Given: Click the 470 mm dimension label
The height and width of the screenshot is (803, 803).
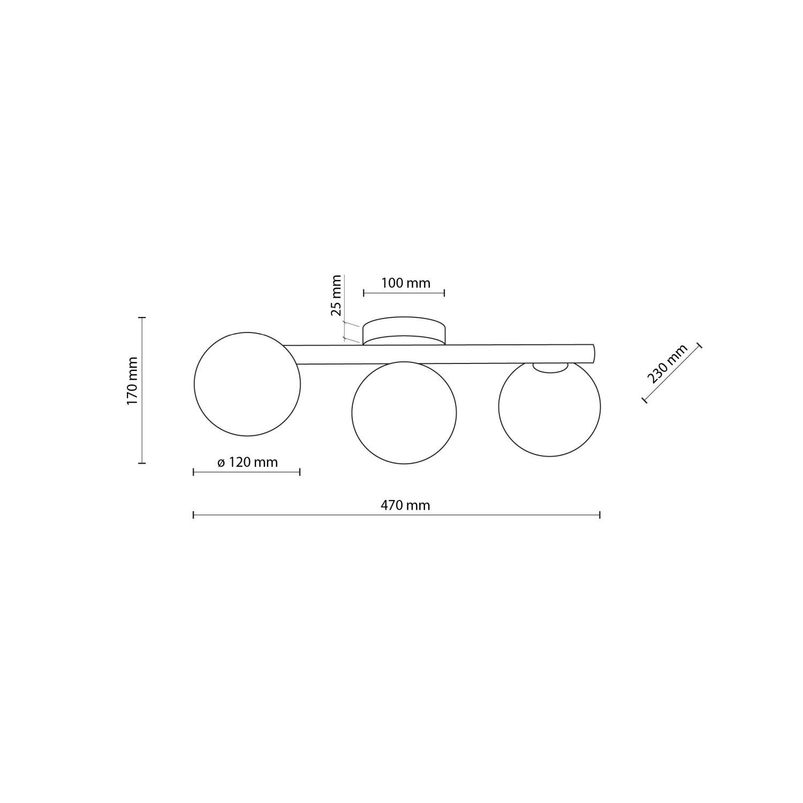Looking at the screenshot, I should pos(405,505).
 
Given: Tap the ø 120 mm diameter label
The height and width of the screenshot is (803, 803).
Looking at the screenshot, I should pos(248,462).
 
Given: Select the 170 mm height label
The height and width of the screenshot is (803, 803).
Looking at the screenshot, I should pos(132,381).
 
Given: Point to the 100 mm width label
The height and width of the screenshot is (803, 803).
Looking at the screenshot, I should pos(405,283).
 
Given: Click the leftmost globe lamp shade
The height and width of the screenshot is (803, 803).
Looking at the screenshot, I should pos(247,384).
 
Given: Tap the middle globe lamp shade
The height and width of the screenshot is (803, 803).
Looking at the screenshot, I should pos(404,412).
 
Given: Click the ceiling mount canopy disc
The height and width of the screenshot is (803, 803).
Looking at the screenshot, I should pos(404,330).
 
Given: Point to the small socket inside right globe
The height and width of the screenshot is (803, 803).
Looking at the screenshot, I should pos(550,367).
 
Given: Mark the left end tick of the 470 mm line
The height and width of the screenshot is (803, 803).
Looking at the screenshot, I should pos(193,514).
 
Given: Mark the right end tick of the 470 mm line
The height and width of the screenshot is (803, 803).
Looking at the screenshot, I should pos(600,514).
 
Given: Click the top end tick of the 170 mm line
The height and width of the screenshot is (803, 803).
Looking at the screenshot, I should pos(142,317).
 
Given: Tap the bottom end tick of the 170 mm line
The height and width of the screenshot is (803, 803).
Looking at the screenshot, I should pos(142,463).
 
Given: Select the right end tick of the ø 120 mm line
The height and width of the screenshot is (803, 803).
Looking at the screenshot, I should pos(300,472).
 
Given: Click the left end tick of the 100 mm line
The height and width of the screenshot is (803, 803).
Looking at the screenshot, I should pos(363,292).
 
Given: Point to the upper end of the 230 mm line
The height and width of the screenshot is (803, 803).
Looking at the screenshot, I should pos(699,345).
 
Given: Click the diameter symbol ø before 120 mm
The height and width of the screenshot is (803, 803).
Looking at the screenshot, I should pos(221,463).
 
